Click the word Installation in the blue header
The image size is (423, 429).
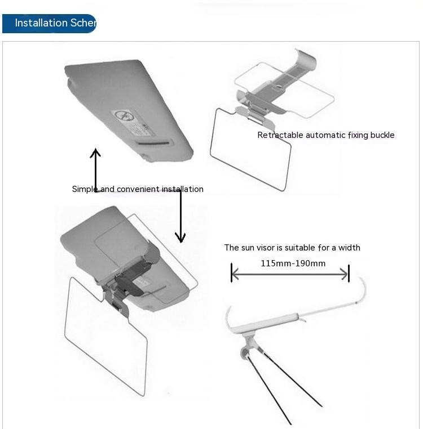point(41,23)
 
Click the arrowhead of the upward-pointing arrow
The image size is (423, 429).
point(96,153)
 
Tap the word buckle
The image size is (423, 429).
point(382,135)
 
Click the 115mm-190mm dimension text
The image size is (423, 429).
point(293,263)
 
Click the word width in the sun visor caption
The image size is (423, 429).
point(349,248)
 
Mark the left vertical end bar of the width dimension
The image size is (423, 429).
point(231,273)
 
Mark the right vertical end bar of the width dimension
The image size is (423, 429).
point(349,274)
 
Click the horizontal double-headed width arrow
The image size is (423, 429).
point(290,274)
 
